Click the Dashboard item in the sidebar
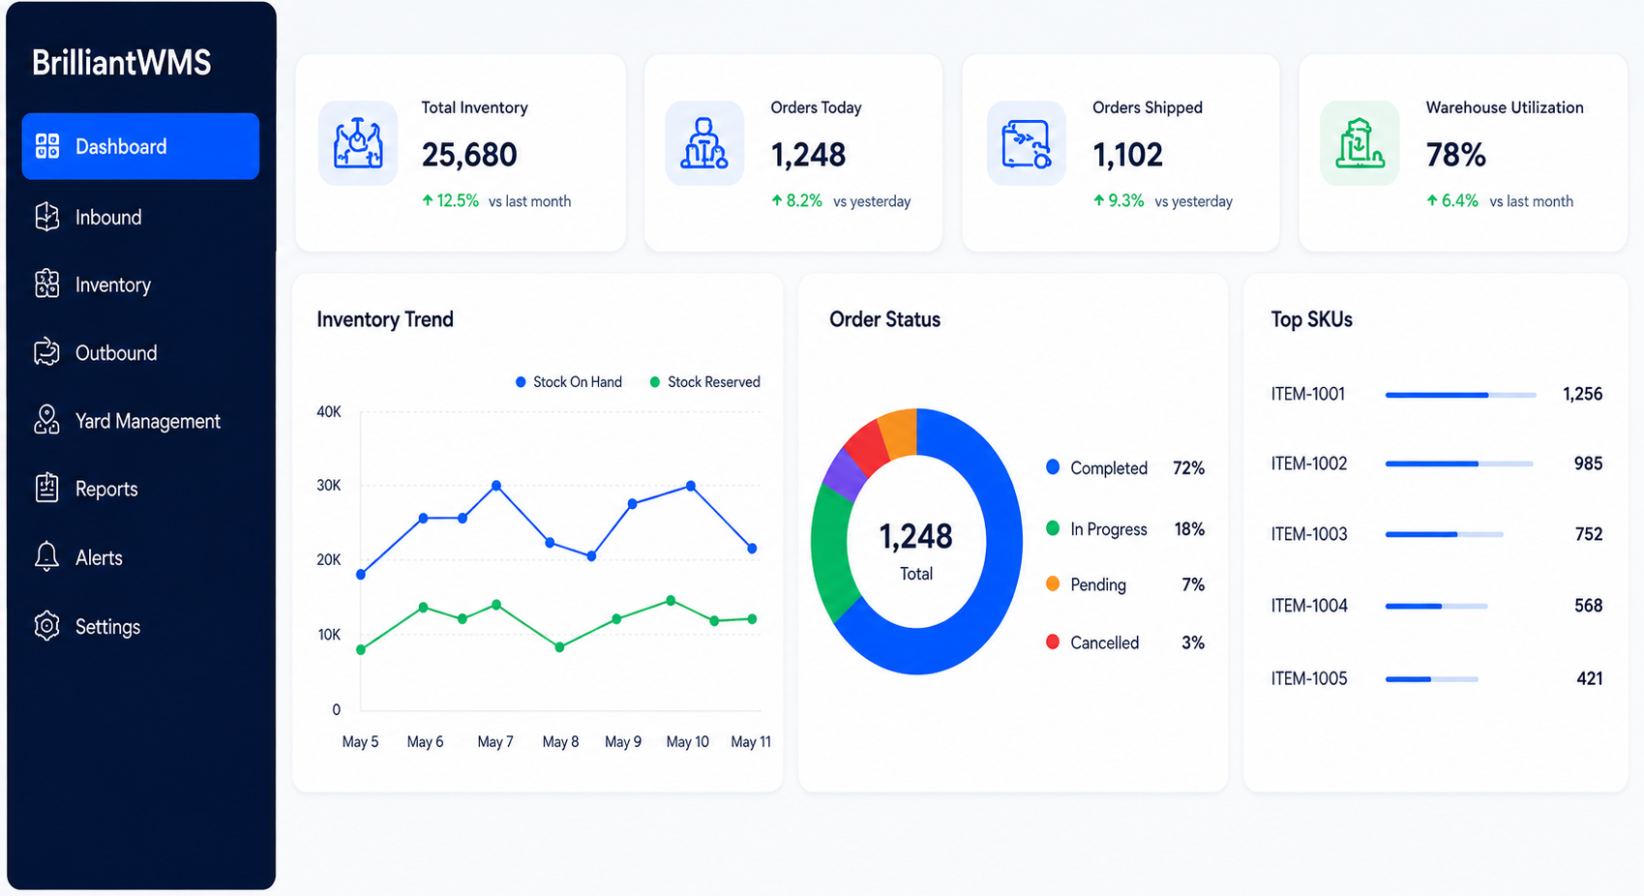tap(140, 146)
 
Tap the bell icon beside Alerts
tap(47, 556)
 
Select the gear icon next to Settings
tap(47, 626)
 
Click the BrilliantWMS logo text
tap(122, 62)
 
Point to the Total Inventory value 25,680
tap(469, 155)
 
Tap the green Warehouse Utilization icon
tap(1360, 143)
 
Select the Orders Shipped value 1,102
tap(1127, 155)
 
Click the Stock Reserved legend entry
tap(705, 381)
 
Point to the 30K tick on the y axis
tap(329, 485)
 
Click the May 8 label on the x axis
tap(560, 742)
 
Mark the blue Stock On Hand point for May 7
tap(496, 486)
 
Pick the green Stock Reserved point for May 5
tap(361, 649)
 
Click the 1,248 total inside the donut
tap(916, 536)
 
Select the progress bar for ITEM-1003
tap(1444, 534)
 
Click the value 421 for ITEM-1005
tap(1589, 679)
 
